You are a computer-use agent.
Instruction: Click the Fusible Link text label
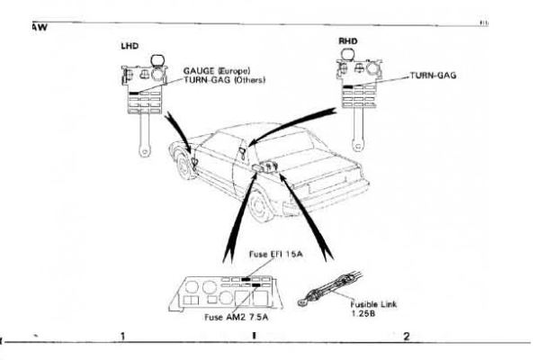(x=368, y=304)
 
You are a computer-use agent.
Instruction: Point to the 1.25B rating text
(x=363, y=314)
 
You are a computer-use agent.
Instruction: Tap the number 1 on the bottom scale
(x=121, y=337)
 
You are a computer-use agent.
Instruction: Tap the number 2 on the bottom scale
(x=407, y=337)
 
